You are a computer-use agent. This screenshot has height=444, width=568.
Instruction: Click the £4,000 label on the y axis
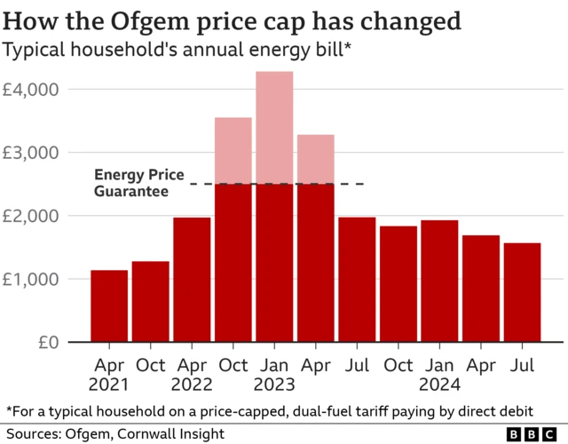coord(31,90)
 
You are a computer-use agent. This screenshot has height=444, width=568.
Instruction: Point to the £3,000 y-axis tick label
coord(31,153)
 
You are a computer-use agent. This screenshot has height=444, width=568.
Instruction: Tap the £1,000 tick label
coord(31,279)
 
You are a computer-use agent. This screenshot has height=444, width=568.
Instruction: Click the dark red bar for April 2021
coord(108,306)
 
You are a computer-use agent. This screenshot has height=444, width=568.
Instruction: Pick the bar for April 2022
coord(192,280)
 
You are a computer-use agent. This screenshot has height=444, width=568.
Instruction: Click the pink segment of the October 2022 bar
coord(233,150)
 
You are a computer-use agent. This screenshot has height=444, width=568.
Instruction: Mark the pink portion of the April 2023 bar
coord(315,159)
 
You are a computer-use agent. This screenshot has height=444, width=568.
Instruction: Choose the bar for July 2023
coord(357,280)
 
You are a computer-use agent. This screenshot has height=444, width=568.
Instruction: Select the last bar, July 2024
coord(522,293)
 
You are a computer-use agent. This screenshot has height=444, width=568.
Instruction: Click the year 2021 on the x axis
coord(109,385)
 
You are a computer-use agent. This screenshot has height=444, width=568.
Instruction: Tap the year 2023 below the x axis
coord(274,385)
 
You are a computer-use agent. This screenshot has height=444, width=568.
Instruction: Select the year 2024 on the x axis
coord(439,385)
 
